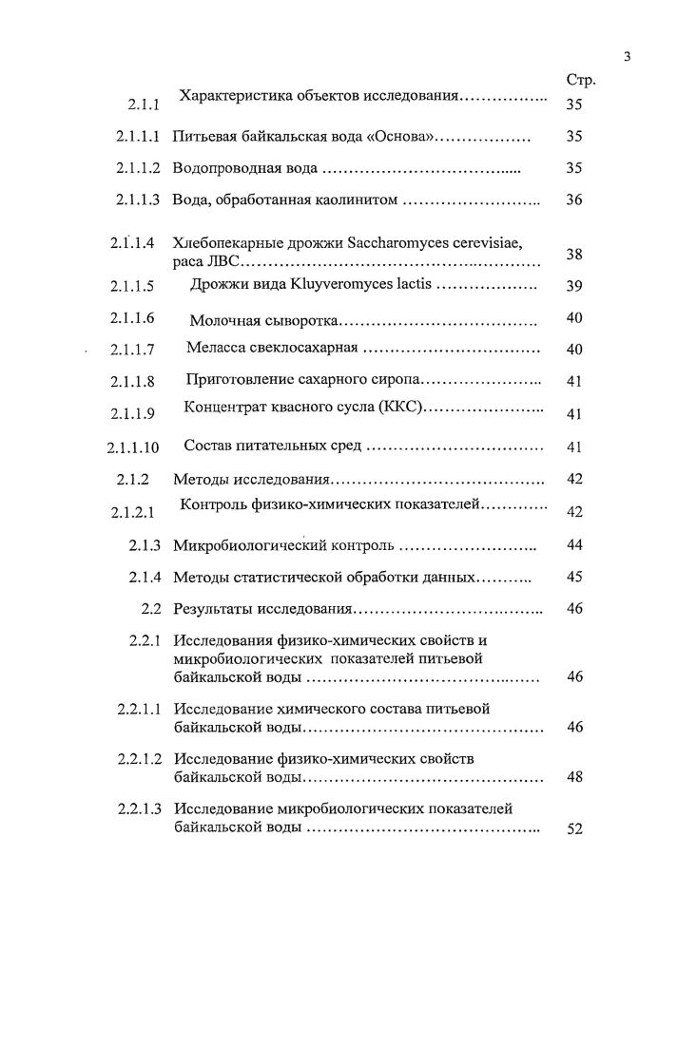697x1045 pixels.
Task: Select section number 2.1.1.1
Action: click(x=138, y=137)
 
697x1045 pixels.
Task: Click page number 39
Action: click(x=573, y=287)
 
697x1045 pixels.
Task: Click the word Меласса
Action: click(x=219, y=349)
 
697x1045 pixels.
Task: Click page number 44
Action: click(x=573, y=545)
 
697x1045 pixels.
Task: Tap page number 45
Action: click(x=573, y=577)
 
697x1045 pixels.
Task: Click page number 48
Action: click(x=573, y=777)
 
